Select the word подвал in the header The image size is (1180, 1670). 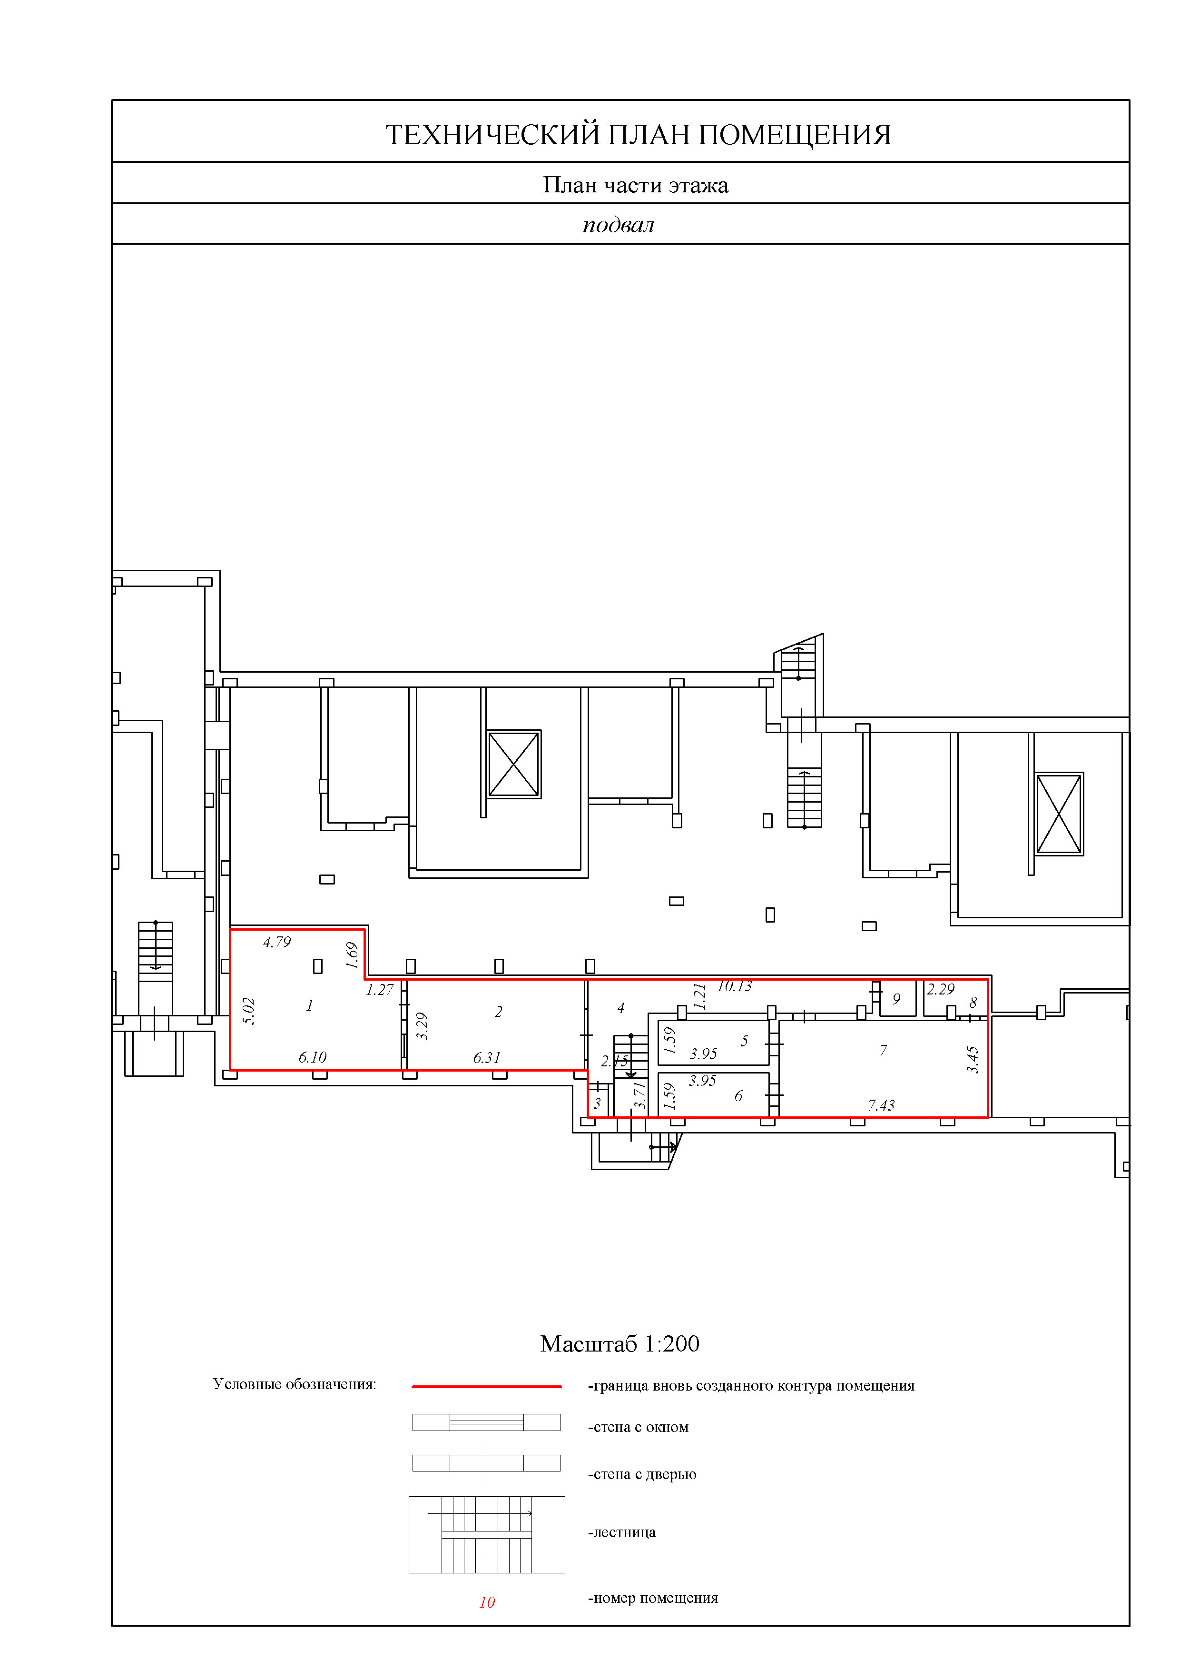click(x=618, y=225)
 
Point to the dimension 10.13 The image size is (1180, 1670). click(x=734, y=986)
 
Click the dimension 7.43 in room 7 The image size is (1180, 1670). click(x=881, y=1105)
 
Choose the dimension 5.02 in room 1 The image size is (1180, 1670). click(x=249, y=1011)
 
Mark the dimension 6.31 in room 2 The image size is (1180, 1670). click(x=486, y=1058)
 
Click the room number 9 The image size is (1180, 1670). click(x=896, y=999)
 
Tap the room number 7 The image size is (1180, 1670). click(x=884, y=1050)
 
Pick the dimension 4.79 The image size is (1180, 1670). click(x=276, y=942)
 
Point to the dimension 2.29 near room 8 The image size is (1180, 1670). click(x=940, y=989)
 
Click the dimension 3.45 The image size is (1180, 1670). click(x=973, y=1060)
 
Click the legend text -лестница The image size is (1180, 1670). click(x=621, y=1532)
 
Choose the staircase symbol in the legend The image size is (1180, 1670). click(x=486, y=1535)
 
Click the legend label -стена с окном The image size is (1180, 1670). click(x=638, y=1427)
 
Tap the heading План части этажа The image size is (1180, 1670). click(x=636, y=186)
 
